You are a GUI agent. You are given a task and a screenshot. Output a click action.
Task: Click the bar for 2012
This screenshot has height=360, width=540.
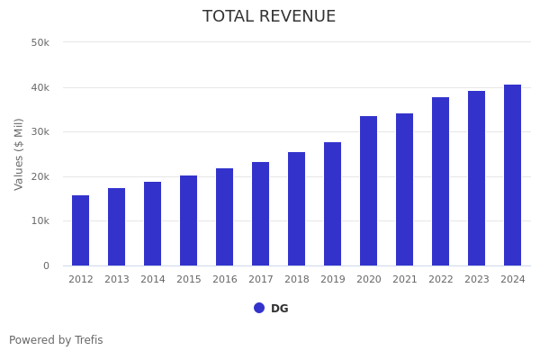click(x=81, y=230)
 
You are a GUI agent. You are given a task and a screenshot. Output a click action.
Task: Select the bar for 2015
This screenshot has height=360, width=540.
click(x=189, y=220)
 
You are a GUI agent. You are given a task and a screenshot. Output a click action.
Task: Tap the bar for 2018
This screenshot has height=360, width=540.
click(x=297, y=209)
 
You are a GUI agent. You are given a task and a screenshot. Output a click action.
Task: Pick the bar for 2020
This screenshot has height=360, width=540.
click(x=369, y=191)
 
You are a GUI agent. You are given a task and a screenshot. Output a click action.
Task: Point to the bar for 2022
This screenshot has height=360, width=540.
click(x=441, y=182)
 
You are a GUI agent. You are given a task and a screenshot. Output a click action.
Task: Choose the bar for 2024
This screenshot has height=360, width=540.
click(x=513, y=175)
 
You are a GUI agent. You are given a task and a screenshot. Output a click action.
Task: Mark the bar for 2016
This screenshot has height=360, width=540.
click(x=225, y=217)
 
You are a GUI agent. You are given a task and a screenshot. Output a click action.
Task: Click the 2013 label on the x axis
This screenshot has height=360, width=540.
click(x=117, y=280)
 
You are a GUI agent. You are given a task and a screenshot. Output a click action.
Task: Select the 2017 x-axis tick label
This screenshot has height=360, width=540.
click(x=261, y=280)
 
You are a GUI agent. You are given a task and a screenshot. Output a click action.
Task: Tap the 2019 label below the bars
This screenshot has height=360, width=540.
click(x=333, y=280)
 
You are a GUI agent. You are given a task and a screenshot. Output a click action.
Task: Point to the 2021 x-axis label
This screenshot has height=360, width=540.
click(x=405, y=280)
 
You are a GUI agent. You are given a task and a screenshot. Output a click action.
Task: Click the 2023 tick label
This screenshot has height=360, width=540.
click(x=477, y=280)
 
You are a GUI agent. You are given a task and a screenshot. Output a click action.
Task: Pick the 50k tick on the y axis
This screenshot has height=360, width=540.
click(x=40, y=43)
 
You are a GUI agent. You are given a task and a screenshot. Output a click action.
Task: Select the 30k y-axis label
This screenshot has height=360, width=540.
click(x=40, y=132)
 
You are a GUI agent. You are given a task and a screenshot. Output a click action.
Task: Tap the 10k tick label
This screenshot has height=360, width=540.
click(x=40, y=221)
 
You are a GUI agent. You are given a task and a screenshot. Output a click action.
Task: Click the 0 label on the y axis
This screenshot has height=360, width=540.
click(x=45, y=265)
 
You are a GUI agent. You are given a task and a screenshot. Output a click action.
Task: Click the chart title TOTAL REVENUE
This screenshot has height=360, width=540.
click(x=269, y=17)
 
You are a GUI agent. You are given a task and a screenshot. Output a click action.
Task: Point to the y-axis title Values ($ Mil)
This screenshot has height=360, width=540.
click(x=20, y=154)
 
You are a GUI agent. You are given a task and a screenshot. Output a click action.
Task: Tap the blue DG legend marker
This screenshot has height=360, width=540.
click(x=259, y=308)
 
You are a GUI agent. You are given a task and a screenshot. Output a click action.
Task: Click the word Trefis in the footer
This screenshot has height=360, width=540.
click(x=87, y=340)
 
